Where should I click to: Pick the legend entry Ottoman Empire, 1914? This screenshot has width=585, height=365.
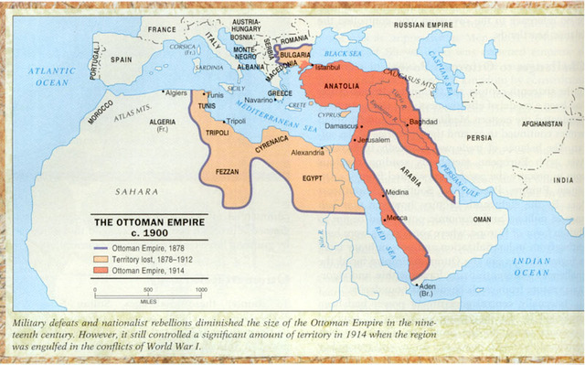tap(147, 271)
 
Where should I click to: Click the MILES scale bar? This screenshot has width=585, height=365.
tap(147, 291)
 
